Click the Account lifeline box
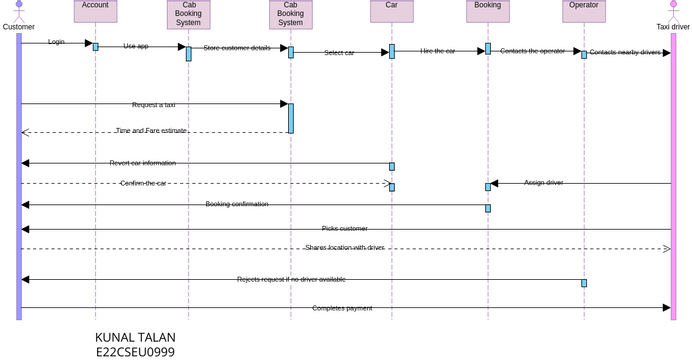[x=95, y=11]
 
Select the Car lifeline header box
[x=391, y=11]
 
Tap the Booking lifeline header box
[x=487, y=11]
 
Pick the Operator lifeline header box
[x=583, y=11]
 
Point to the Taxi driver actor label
[x=672, y=27]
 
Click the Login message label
[x=56, y=42]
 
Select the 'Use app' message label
[x=136, y=46]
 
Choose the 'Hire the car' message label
[x=437, y=51]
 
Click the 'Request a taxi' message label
[x=153, y=104]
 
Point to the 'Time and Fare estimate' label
[x=151, y=131]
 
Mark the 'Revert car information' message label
[x=142, y=163]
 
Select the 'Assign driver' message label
[x=544, y=183]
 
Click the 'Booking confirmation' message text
[x=237, y=204]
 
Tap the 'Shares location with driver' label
[x=345, y=247]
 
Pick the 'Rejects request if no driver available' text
[x=291, y=279]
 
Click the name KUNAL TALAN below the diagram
[x=135, y=338]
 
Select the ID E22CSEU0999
[x=135, y=352]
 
